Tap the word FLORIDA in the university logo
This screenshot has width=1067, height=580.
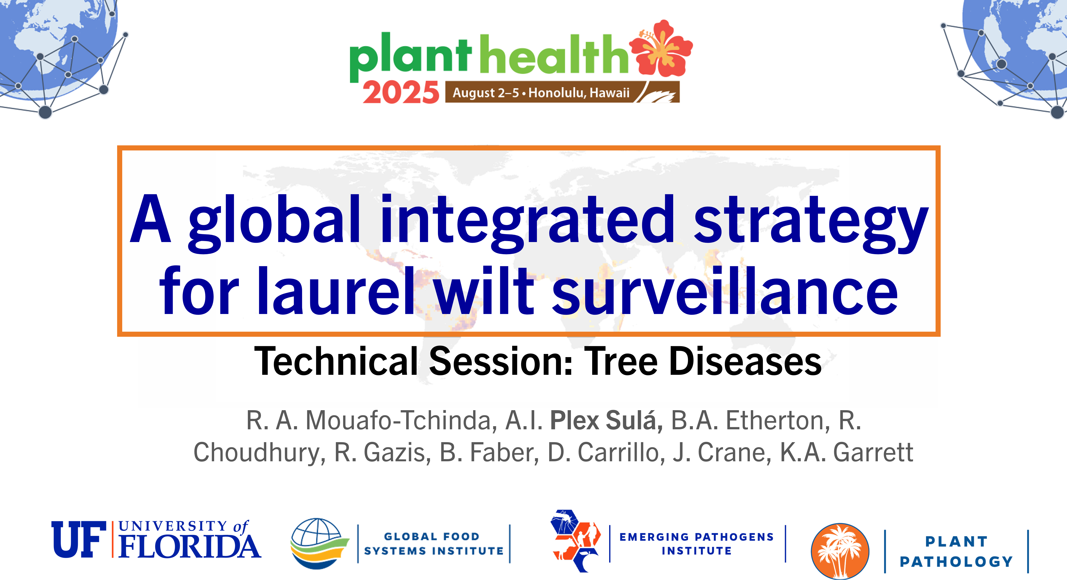pos(190,546)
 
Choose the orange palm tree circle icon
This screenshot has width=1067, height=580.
pos(840,551)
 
